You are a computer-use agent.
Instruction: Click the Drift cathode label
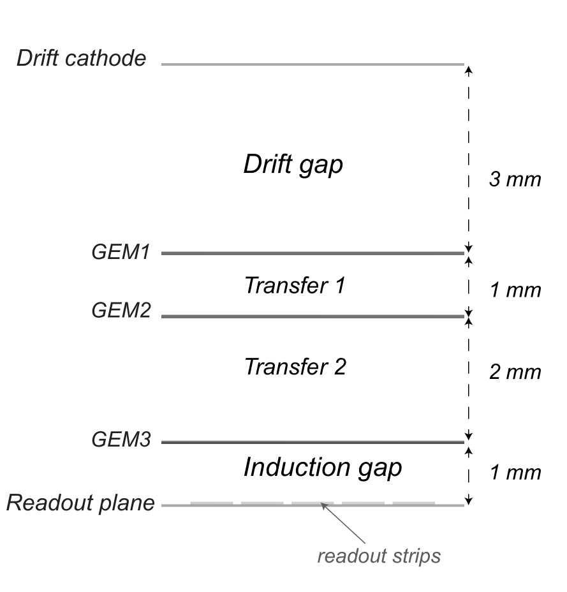[81, 59]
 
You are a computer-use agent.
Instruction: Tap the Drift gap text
[293, 165]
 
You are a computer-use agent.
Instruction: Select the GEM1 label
[121, 253]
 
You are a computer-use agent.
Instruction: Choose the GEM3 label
[121, 440]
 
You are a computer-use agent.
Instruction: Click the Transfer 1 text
[294, 285]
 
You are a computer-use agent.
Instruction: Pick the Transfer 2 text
[295, 367]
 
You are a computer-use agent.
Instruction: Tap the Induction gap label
[323, 468]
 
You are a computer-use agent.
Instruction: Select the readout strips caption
[379, 556]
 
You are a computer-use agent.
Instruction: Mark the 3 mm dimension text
[515, 180]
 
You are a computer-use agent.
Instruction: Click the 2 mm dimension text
[515, 372]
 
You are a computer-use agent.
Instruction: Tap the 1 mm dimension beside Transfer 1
[515, 290]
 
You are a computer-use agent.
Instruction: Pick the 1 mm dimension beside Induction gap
[515, 473]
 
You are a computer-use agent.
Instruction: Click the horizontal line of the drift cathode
[313, 64]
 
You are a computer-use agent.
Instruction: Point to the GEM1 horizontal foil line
[313, 254]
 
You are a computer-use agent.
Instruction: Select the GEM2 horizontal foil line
[313, 316]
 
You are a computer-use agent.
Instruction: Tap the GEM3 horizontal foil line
[313, 442]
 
